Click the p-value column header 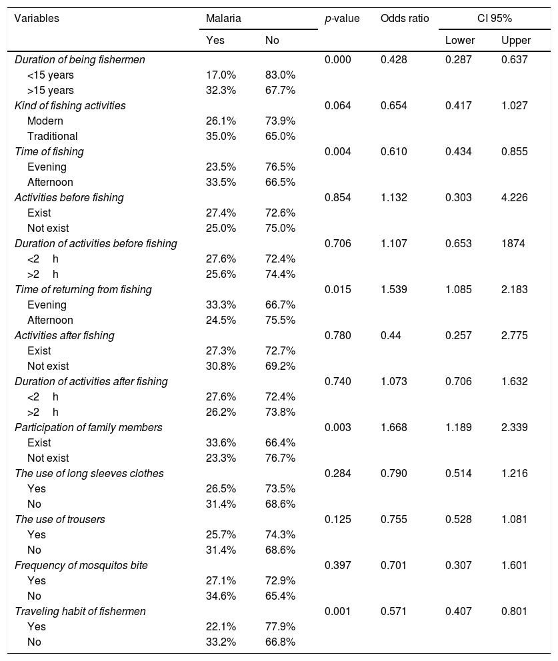pyautogui.click(x=341, y=19)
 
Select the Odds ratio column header pyautogui.click(x=404, y=19)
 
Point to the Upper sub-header pyautogui.click(x=515, y=41)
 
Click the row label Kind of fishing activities pyautogui.click(x=70, y=105)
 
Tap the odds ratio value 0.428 pyautogui.click(x=393, y=59)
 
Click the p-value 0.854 pyautogui.click(x=337, y=197)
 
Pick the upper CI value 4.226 pyautogui.click(x=514, y=197)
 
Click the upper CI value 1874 pyautogui.click(x=513, y=243)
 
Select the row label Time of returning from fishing pyautogui.click(x=83, y=289)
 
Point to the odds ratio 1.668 pyautogui.click(x=393, y=427)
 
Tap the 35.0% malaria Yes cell pyautogui.click(x=221, y=136)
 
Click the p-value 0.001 pyautogui.click(x=337, y=611)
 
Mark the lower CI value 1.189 pyautogui.click(x=459, y=427)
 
